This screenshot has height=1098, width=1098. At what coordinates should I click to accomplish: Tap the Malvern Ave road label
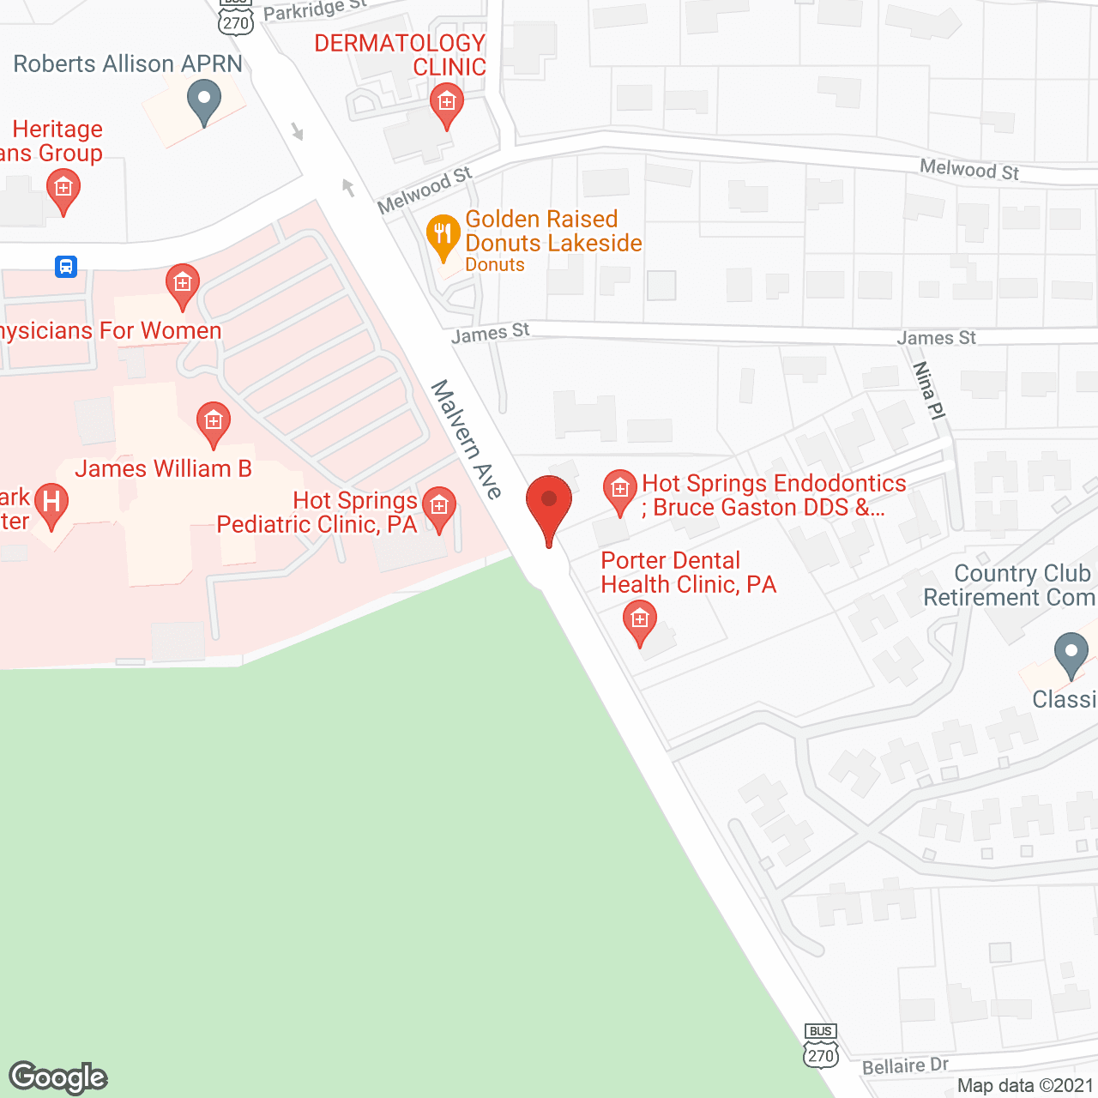click(467, 439)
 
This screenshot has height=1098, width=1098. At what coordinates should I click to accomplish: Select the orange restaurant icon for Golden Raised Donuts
click(443, 237)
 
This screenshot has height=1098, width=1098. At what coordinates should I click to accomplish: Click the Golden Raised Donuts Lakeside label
click(553, 232)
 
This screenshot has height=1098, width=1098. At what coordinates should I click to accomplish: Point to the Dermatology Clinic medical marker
click(446, 105)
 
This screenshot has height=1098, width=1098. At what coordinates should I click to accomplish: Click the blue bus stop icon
click(66, 266)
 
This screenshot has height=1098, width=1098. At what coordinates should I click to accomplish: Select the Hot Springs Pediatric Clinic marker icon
click(439, 508)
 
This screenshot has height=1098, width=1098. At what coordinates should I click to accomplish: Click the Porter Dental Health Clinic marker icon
click(639, 621)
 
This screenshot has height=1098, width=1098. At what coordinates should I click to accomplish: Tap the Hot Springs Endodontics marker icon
click(619, 491)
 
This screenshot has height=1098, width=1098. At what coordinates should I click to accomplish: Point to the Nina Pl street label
click(928, 390)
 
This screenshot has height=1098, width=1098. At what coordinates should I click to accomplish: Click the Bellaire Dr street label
click(905, 1066)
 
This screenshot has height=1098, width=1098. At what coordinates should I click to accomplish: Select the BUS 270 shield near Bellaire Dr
click(821, 1046)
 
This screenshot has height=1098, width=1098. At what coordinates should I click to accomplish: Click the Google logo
click(58, 1077)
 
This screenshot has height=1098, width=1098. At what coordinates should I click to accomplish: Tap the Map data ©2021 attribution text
click(1025, 1085)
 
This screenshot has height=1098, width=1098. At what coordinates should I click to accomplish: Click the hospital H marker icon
click(51, 503)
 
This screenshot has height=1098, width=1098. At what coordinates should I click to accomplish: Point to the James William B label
click(163, 468)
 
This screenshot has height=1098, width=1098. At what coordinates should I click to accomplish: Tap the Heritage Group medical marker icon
click(63, 189)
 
